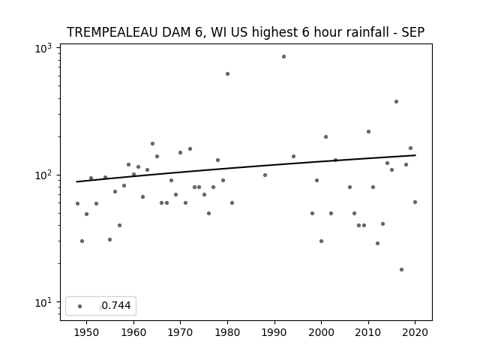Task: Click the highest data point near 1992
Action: (x=283, y=57)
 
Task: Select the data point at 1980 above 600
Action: (x=227, y=73)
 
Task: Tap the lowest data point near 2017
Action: (x=401, y=270)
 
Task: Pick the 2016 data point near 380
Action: (x=396, y=102)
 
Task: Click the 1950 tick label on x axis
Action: (x=87, y=332)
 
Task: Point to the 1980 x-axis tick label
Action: (x=227, y=332)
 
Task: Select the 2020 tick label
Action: (x=415, y=332)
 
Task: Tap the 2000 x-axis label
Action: (x=321, y=332)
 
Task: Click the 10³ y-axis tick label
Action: (x=43, y=48)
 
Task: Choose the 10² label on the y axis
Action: (x=43, y=175)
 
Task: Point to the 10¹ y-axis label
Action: (x=43, y=302)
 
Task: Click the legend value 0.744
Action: (x=116, y=305)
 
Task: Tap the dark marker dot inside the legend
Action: (x=80, y=306)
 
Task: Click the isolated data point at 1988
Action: (x=265, y=175)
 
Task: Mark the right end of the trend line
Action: (x=415, y=155)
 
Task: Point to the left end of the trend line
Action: (x=76, y=181)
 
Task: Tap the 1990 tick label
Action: (x=274, y=332)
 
